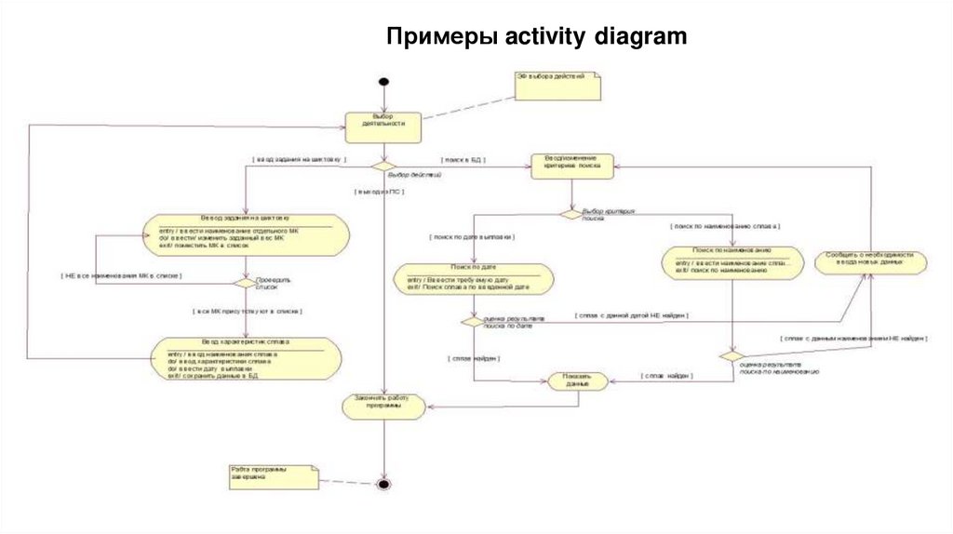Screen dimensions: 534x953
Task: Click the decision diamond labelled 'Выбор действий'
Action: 383,166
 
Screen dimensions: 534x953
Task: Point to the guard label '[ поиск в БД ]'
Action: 463,160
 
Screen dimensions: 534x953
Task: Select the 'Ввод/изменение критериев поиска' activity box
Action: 572,165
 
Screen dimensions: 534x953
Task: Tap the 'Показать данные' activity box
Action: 578,380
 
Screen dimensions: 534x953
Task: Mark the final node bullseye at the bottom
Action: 383,484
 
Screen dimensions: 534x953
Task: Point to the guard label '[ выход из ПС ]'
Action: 379,191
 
